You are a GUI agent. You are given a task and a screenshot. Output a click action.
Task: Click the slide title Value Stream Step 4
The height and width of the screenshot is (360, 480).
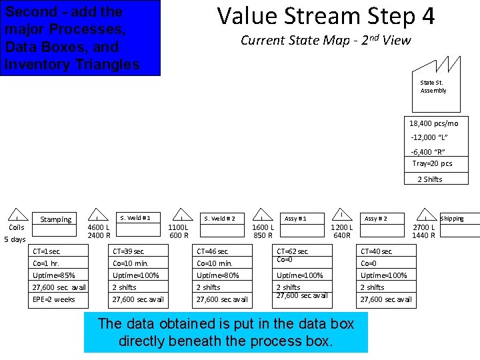tap(325, 15)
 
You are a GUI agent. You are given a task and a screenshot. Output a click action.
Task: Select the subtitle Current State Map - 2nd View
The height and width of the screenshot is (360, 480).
tap(325, 40)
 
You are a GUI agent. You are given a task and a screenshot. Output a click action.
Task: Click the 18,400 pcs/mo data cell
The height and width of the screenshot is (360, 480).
tap(433, 123)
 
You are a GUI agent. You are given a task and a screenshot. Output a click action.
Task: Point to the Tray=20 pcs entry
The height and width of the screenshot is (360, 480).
tap(432, 164)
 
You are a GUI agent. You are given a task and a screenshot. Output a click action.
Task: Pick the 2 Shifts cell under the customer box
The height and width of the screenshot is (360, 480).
tap(430, 179)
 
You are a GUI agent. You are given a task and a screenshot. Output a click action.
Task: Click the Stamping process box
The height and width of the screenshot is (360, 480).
tap(56, 219)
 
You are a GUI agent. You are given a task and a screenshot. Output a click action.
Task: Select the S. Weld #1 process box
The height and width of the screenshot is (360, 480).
tap(139, 218)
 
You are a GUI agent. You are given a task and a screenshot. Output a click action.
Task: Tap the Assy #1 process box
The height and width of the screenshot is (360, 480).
tap(295, 219)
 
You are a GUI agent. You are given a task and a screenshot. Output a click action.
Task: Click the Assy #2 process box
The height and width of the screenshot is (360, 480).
tap(375, 219)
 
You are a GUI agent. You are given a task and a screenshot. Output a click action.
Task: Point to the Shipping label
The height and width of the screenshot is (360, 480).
tap(451, 219)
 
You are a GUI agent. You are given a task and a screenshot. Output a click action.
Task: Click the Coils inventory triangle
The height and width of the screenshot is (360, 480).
tap(16, 215)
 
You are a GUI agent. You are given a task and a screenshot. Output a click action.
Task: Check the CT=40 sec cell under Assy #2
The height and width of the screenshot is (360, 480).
tap(387, 251)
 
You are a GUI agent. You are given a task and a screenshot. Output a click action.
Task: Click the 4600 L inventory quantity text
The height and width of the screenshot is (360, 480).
tap(99, 227)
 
